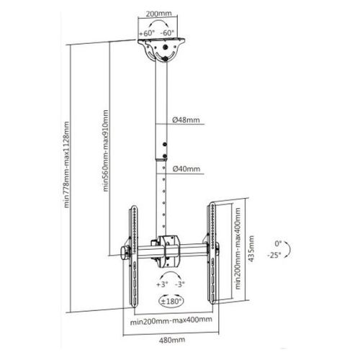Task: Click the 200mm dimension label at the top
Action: pos(158,14)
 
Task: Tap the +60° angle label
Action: pos(147,32)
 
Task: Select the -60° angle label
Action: pos(168,32)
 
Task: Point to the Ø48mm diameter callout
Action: pos(186,120)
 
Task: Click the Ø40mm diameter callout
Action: pos(186,169)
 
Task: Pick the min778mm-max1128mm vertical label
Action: pos(66,165)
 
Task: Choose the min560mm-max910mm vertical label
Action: pos(105,150)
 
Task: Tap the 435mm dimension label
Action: pos(251,248)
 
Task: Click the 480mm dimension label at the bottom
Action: pos(172,340)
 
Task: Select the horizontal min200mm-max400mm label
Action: pos(171,320)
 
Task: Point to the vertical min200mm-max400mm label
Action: pos(238,248)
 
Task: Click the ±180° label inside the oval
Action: pos(171,302)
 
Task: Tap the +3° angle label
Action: pos(162,284)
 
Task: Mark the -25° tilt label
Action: pos(274,255)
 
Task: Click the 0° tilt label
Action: pos(278,244)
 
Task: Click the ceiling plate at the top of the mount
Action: pos(161,42)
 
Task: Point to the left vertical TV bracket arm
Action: pos(133,256)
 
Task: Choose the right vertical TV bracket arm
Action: pos(212,253)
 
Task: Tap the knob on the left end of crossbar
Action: pos(125,254)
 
